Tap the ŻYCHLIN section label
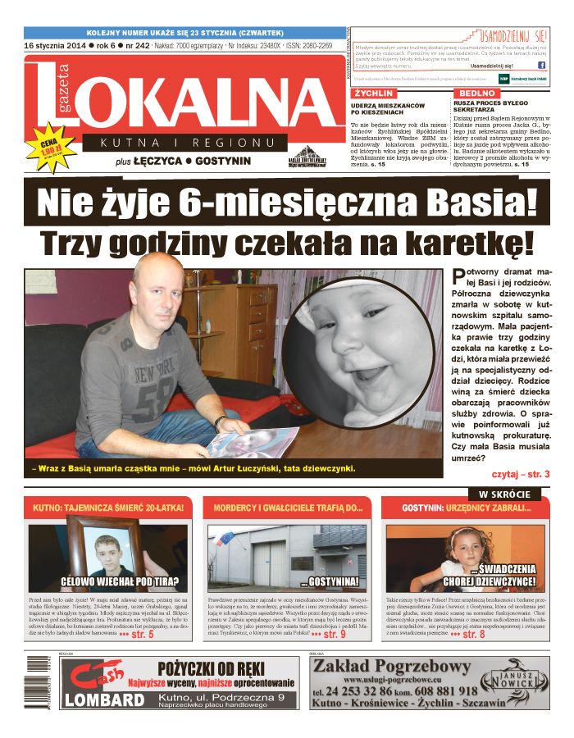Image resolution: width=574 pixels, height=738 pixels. point(374,93)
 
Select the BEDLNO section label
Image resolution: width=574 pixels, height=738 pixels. point(476,93)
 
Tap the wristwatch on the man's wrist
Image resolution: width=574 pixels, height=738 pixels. point(219,421)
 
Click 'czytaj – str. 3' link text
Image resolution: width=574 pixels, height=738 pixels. point(520,474)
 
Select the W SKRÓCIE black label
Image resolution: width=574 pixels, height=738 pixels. point(504,494)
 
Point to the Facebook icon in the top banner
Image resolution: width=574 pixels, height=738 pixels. point(542,65)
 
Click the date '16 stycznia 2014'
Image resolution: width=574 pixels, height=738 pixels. point(54,45)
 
